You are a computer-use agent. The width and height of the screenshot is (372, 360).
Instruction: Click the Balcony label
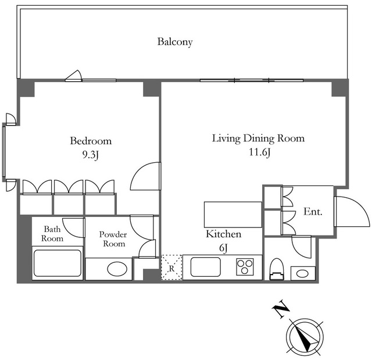pyautogui.click(x=175, y=42)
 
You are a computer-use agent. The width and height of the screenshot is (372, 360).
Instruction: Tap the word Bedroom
pyautogui.click(x=91, y=141)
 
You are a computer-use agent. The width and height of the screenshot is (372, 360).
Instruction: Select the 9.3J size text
pyautogui.click(x=91, y=155)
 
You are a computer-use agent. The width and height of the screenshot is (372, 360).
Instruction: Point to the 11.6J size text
pyautogui.click(x=260, y=152)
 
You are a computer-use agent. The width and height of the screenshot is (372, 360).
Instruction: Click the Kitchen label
pyautogui.click(x=223, y=234)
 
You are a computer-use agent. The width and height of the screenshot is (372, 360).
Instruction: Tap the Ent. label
pyautogui.click(x=313, y=212)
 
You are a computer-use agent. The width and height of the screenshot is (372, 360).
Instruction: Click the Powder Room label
pyautogui.click(x=113, y=239)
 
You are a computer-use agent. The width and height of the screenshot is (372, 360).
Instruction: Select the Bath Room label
pyautogui.click(x=52, y=234)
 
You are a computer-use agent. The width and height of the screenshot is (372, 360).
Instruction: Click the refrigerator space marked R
pyautogui.click(x=171, y=268)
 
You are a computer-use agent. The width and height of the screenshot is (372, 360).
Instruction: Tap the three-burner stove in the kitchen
pyautogui.click(x=245, y=267)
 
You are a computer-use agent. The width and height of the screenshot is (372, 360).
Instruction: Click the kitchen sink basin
pyautogui.click(x=206, y=267)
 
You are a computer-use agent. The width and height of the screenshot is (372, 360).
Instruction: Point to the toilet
pyautogui.click(x=277, y=269)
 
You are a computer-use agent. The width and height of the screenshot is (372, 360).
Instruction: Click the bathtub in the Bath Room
pyautogui.click(x=58, y=263)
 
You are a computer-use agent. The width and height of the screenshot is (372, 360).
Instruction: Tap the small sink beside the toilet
pyautogui.click(x=303, y=273)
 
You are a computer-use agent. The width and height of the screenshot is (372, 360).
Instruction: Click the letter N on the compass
pyautogui.click(x=281, y=308)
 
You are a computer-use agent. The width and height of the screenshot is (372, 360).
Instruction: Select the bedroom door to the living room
pyautogui.click(x=145, y=176)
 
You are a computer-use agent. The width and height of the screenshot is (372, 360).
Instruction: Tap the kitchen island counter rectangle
pyautogui.click(x=233, y=215)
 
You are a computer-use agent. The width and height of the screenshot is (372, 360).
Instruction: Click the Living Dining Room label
pyautogui.click(x=258, y=138)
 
